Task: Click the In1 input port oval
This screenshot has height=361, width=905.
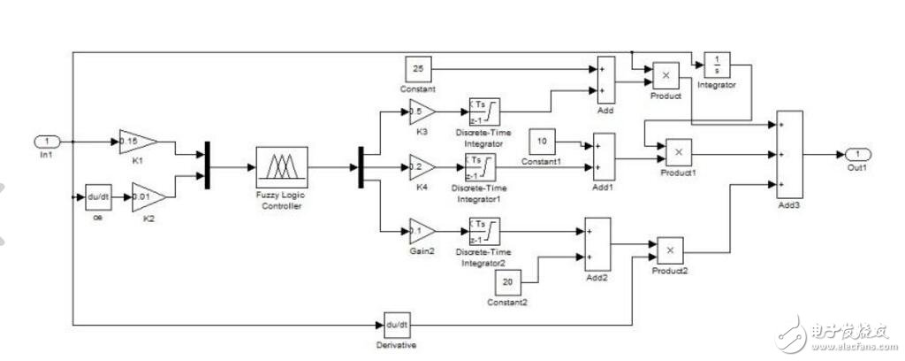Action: click(47, 141)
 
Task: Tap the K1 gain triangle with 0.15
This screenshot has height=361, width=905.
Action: click(137, 141)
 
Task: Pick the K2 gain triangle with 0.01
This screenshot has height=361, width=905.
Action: click(146, 196)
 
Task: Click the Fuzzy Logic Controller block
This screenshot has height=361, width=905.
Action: click(281, 166)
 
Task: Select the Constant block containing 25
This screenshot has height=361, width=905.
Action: click(417, 66)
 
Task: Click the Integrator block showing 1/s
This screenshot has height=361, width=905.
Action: click(715, 64)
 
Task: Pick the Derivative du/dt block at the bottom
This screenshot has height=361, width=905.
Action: click(399, 324)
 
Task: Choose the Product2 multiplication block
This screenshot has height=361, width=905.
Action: click(667, 250)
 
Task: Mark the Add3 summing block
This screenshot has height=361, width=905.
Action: click(789, 155)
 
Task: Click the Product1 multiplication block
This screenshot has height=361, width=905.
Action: click(679, 153)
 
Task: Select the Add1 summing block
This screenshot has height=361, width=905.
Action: click(605, 156)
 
